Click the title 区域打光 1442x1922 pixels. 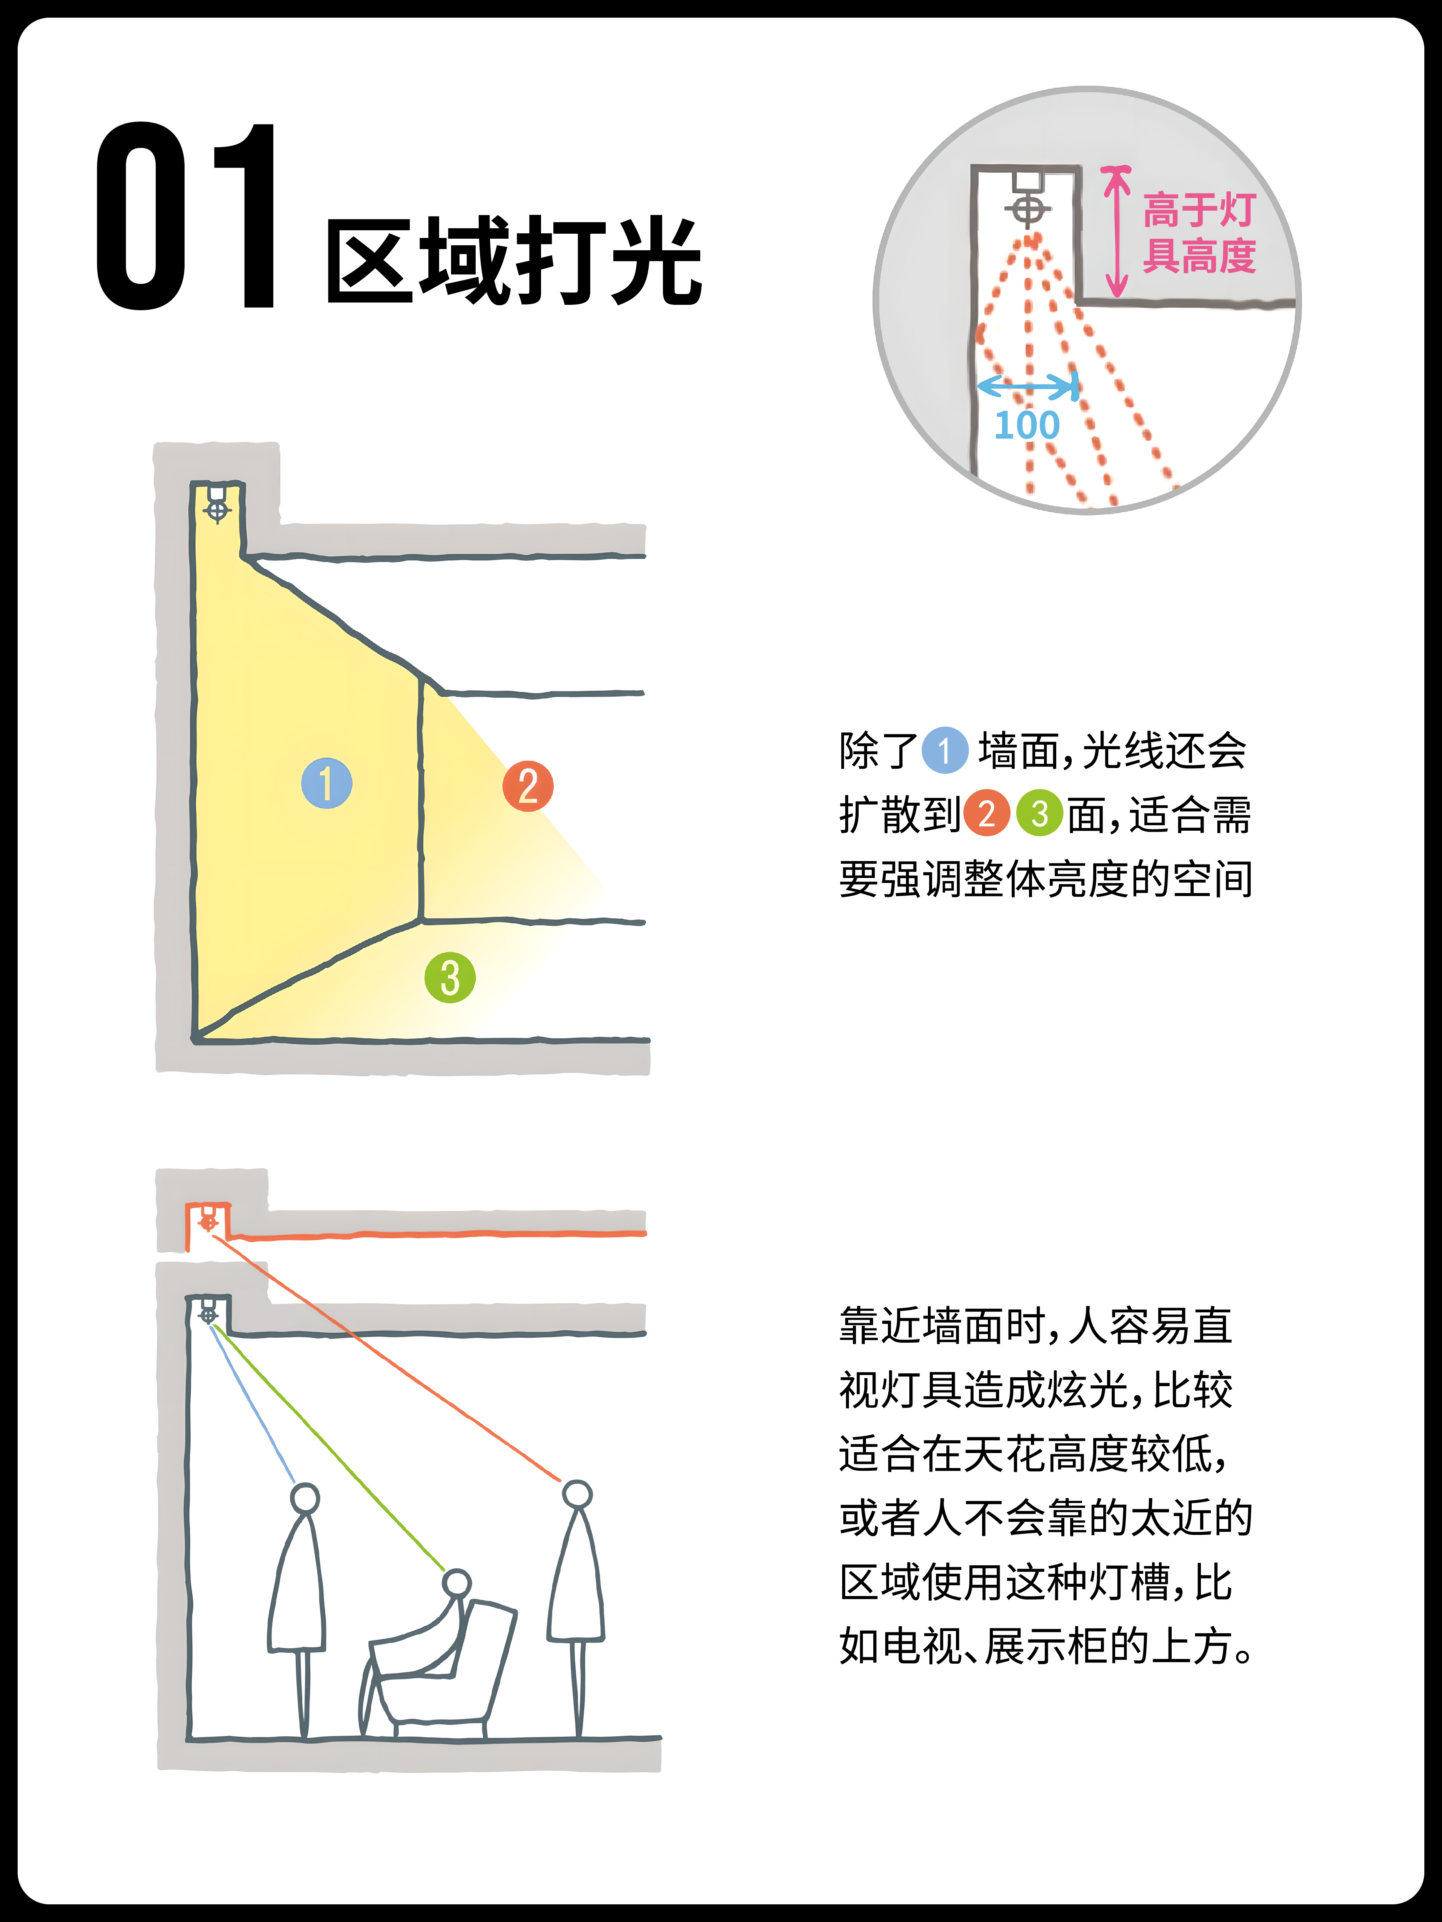point(515,261)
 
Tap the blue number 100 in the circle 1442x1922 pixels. point(1027,425)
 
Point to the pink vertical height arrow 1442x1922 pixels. point(1116,231)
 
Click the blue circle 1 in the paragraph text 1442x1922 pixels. point(945,750)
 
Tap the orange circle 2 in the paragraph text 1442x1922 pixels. point(987,813)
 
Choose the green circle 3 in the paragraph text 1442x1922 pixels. point(1039,813)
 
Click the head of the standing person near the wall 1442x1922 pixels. point(305,1498)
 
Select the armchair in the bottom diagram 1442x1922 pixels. point(439,1673)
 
